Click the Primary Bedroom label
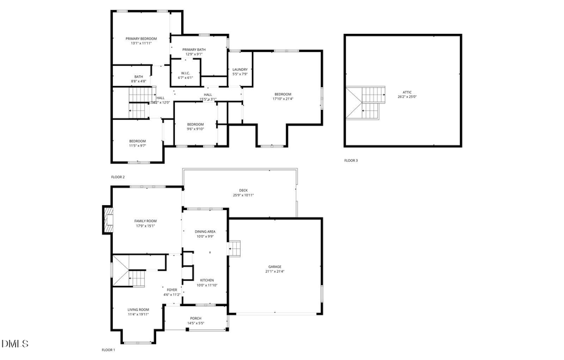point(141,39)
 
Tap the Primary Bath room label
point(193,50)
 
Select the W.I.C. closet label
point(185,73)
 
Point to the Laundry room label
point(240,70)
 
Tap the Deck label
point(243,191)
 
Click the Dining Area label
point(206,231)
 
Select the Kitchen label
point(207,280)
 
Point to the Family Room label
point(145,221)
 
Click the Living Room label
point(138,309)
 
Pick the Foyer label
point(172,290)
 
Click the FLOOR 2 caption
point(118,177)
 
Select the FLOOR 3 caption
point(351,161)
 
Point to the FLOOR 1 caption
point(108,349)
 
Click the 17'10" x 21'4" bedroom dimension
point(283,98)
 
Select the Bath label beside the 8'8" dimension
point(138,77)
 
